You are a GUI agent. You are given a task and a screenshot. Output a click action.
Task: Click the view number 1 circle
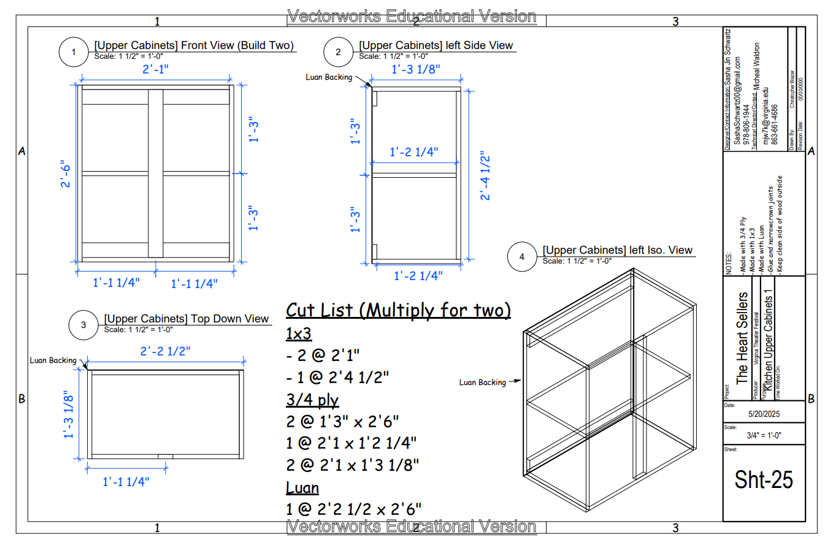click(74, 53)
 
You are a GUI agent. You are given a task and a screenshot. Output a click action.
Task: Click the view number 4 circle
click(522, 257)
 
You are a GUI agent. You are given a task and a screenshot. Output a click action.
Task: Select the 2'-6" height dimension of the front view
click(66, 175)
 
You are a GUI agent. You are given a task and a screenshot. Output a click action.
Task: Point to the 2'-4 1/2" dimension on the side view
click(486, 177)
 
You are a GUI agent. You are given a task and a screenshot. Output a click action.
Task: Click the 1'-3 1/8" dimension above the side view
click(416, 69)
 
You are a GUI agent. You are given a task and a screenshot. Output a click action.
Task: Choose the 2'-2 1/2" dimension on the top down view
click(165, 351)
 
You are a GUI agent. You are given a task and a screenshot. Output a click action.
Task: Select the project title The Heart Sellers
click(742, 338)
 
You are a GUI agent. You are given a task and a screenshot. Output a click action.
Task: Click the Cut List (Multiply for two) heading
click(398, 310)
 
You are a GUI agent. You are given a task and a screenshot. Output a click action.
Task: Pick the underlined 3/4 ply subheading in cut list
click(312, 400)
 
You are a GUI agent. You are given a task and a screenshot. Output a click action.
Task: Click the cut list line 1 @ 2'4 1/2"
click(337, 375)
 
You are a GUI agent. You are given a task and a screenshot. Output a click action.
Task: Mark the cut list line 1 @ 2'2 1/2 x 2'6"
click(353, 509)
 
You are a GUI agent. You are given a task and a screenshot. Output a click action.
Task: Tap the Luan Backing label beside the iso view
click(483, 383)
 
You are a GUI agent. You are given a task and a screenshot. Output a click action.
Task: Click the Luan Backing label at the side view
click(329, 77)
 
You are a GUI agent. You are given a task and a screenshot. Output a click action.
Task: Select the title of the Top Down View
click(186, 319)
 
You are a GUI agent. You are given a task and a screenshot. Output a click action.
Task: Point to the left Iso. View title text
click(618, 250)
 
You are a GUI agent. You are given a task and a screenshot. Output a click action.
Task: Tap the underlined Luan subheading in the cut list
click(302, 487)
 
